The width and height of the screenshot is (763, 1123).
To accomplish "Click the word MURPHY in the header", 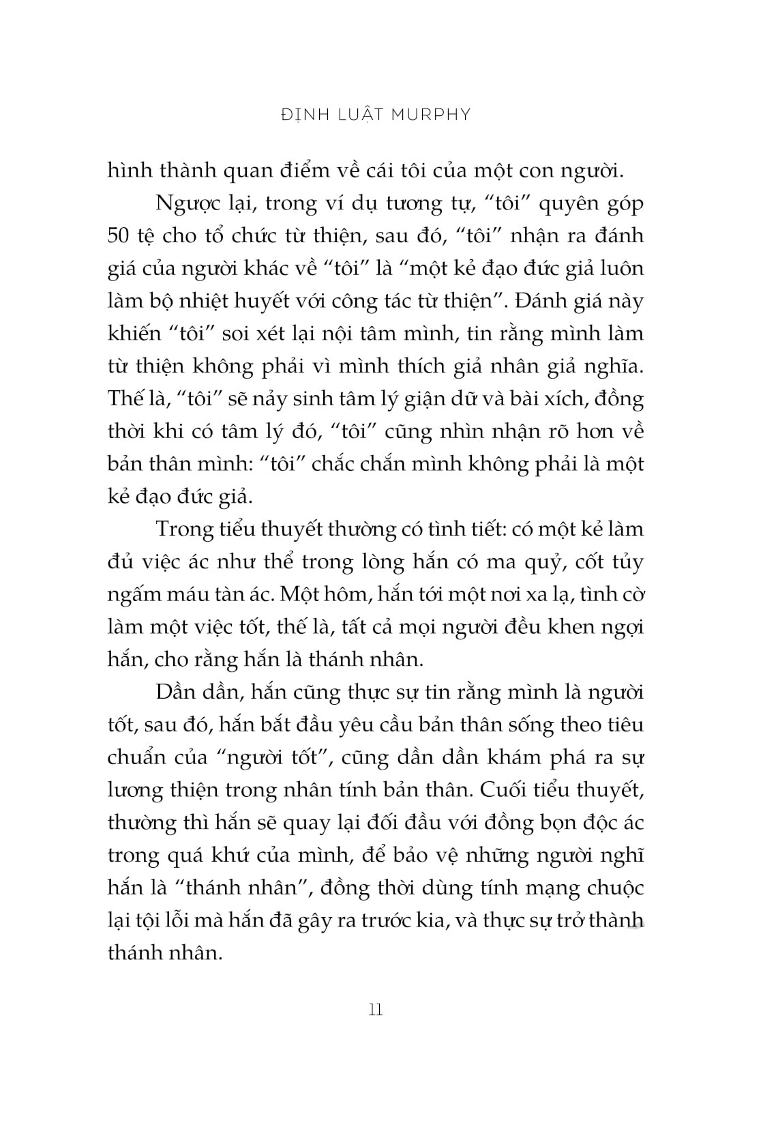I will click(x=431, y=115).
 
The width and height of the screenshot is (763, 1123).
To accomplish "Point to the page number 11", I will click(x=376, y=1010).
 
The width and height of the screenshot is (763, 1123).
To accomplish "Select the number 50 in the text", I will click(x=121, y=236).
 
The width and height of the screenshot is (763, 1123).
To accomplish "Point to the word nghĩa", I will click(x=612, y=367).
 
